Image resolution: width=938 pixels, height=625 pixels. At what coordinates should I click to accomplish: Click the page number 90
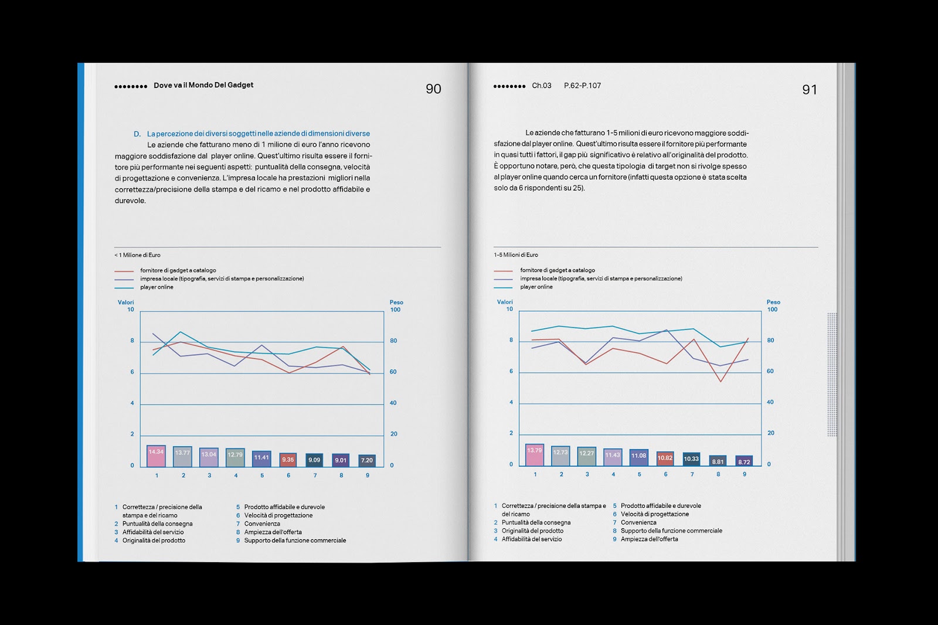point(433,89)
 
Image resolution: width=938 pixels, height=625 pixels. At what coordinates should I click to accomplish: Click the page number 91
point(809,90)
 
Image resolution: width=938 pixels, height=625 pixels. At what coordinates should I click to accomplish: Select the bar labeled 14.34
point(156,456)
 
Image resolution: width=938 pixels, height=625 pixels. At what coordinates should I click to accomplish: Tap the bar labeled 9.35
point(288,460)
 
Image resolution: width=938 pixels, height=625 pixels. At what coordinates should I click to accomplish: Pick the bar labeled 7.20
point(366,460)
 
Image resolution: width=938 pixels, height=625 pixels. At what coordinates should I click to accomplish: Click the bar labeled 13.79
point(535,454)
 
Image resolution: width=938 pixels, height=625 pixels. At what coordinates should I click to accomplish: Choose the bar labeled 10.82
point(665,458)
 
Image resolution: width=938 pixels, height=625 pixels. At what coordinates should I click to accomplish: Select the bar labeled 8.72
point(743,461)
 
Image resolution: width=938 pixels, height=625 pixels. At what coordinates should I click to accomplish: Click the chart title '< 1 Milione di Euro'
point(137,255)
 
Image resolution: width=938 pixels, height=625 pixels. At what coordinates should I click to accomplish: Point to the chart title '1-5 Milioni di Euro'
point(516,255)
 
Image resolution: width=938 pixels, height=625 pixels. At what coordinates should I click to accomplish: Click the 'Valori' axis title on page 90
point(126,303)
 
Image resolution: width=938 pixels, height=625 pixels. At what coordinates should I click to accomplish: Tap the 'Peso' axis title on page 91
point(773,303)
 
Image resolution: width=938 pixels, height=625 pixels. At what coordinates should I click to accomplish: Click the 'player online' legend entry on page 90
point(157,287)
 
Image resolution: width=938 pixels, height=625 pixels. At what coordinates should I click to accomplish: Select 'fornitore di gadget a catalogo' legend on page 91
point(557,270)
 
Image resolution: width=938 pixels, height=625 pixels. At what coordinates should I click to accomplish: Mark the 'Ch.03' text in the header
point(542,86)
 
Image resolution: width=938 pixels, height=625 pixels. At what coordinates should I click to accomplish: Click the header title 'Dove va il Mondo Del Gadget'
point(203,85)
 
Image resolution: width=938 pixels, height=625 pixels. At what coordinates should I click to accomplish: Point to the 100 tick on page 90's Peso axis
point(395,310)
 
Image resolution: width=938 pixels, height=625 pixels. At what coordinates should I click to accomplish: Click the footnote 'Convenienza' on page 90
point(262,524)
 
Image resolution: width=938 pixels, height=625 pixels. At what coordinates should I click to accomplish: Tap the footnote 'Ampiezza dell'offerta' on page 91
point(649,539)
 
